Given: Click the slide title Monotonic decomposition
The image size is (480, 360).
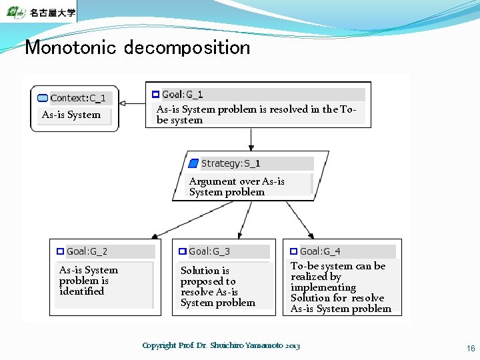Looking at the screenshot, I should pyautogui.click(x=137, y=48).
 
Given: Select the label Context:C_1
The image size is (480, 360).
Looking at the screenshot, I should pyautogui.click(x=77, y=98).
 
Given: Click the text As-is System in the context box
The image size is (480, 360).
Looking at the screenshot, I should pyautogui.click(x=71, y=115).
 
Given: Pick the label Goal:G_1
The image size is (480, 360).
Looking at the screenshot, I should pyautogui.click(x=182, y=95).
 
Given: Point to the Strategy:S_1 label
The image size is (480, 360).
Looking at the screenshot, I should pyautogui.click(x=230, y=163).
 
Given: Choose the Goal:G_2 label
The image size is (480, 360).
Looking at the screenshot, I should pyautogui.click(x=87, y=251).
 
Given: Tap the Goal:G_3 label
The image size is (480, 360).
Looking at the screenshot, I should pyautogui.click(x=209, y=251).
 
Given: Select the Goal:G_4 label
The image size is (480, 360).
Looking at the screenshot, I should pyautogui.click(x=320, y=251).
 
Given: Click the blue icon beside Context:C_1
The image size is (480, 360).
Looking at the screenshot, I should pyautogui.click(x=43, y=98).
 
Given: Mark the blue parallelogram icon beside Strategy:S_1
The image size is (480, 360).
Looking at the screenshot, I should pyautogui.click(x=193, y=163).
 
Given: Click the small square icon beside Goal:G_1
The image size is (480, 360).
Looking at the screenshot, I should pyautogui.click(x=155, y=95).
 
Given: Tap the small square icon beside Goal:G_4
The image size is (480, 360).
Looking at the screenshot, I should pyautogui.click(x=293, y=251).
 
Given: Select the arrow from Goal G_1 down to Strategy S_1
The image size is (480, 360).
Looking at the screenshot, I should pyautogui.click(x=251, y=139).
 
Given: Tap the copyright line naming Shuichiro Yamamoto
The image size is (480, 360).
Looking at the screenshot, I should pyautogui.click(x=221, y=345).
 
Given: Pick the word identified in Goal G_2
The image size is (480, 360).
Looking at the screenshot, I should pyautogui.click(x=81, y=291).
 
